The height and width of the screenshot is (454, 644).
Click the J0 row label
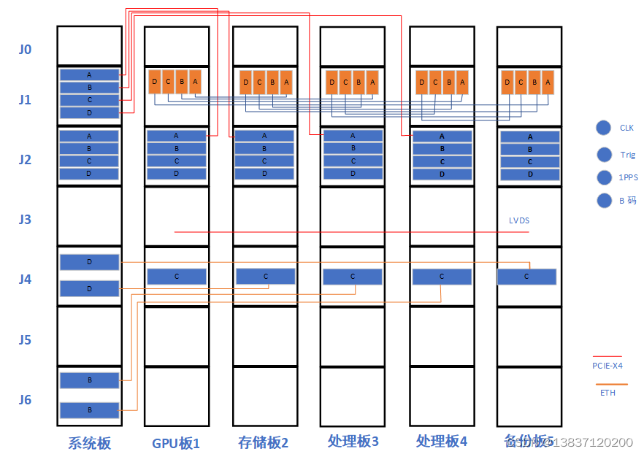click(26, 50)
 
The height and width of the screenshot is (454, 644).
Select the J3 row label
click(26, 219)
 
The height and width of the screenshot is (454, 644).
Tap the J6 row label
click(26, 399)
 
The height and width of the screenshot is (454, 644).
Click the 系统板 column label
click(89, 442)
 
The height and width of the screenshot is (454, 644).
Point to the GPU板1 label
click(175, 442)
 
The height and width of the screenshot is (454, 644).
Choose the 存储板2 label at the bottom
click(264, 442)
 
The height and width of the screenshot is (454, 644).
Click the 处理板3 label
click(353, 442)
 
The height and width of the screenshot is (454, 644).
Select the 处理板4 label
click(441, 442)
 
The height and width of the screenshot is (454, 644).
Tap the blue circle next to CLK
click(603, 128)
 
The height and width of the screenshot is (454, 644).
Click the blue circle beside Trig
click(604, 155)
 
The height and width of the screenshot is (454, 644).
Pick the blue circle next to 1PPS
click(604, 177)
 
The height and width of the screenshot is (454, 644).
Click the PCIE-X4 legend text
click(607, 366)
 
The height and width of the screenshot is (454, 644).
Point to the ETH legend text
click(607, 393)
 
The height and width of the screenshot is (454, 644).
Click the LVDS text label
click(520, 220)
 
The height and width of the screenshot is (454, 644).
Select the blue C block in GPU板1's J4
click(177, 277)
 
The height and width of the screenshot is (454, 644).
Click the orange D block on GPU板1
click(155, 82)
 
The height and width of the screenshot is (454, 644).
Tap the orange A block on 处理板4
click(461, 82)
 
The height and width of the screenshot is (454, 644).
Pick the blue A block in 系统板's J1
click(89, 74)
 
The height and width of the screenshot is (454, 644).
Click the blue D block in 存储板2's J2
click(264, 174)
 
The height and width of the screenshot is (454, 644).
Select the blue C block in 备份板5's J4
click(526, 277)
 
